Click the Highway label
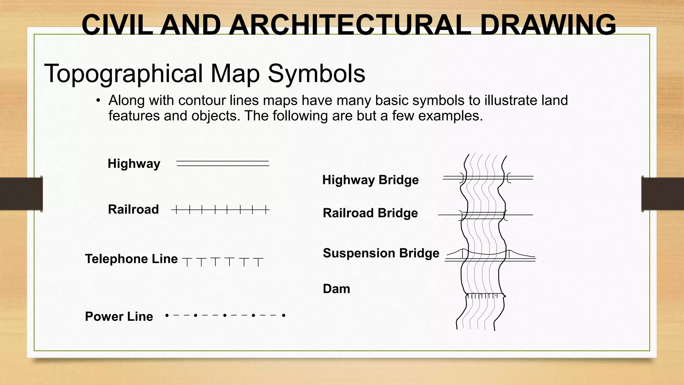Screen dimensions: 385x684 134,164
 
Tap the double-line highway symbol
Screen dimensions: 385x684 223,163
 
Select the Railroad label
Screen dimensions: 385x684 133,210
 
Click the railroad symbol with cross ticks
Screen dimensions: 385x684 220,210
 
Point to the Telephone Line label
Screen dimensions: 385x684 131,259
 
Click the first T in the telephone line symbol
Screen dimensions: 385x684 188,262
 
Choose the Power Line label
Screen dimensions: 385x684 119,316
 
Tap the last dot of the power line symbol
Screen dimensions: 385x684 284,315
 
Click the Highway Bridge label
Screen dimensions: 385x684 370,180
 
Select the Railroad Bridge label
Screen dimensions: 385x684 370,213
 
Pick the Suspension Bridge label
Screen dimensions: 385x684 381,253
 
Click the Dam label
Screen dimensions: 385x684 336,289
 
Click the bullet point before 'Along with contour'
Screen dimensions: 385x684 98,101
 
